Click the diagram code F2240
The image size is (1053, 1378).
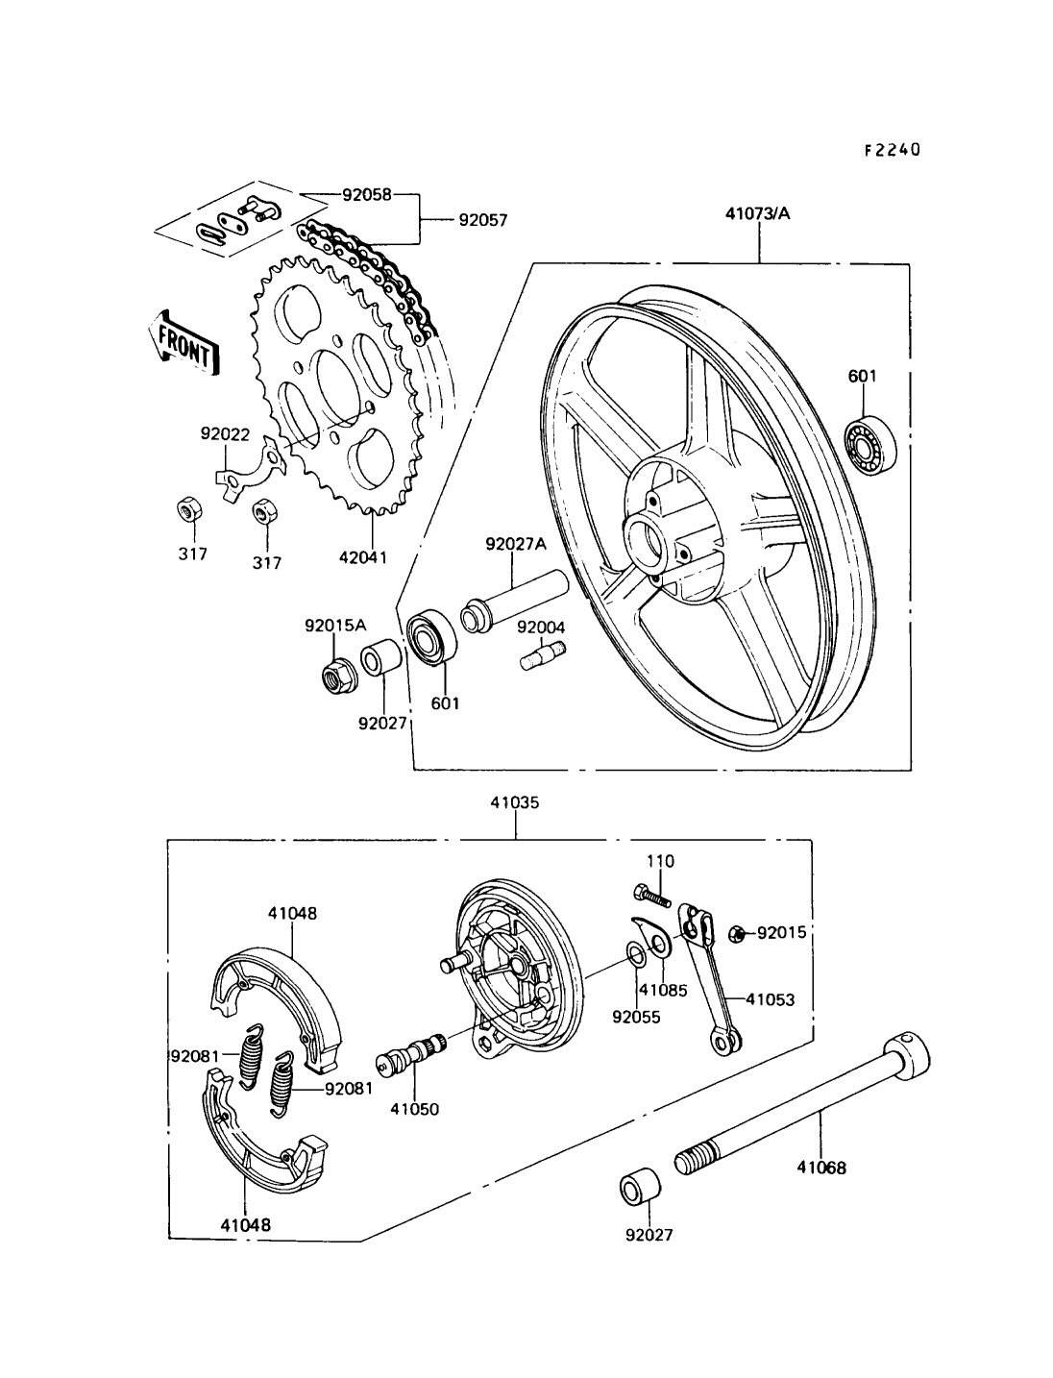click(891, 150)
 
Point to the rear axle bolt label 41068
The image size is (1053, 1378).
click(821, 1169)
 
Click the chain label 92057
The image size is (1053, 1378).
click(481, 220)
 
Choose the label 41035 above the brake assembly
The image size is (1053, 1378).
click(516, 803)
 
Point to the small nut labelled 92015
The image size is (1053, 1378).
click(737, 932)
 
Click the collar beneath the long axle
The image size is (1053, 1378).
click(637, 1188)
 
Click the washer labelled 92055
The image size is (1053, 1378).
click(636, 952)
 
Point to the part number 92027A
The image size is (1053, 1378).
click(515, 544)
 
